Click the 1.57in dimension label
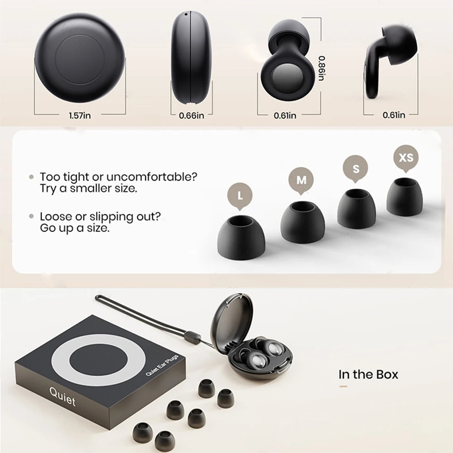pyautogui.click(x=80, y=116)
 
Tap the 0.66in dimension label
pyautogui.click(x=192, y=116)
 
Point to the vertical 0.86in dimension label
pyautogui.click(x=321, y=68)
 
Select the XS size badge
pyautogui.click(x=406, y=158)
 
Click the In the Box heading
pyautogui.click(x=368, y=375)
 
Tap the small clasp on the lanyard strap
pyautogui.click(x=193, y=337)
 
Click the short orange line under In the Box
pyautogui.click(x=343, y=386)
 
